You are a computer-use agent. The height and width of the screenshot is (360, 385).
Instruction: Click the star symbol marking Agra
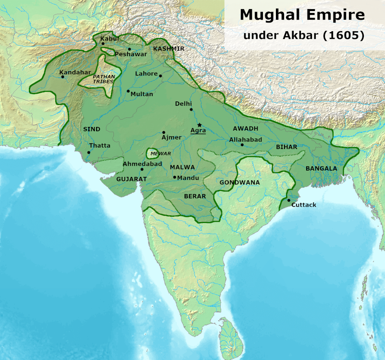pyautogui.click(x=199, y=125)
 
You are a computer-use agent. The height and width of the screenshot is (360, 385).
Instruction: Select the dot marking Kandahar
pyautogui.click(x=62, y=76)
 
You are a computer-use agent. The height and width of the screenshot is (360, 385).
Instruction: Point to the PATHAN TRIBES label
pyautogui.click(x=103, y=79)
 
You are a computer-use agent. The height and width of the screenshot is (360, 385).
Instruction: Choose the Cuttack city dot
pyautogui.click(x=288, y=200)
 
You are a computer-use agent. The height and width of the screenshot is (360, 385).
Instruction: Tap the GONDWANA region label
pyautogui.click(x=239, y=183)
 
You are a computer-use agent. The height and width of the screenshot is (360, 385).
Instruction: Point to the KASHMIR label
pyautogui.click(x=169, y=49)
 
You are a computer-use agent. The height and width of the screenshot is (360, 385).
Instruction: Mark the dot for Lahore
pyautogui.click(x=161, y=75)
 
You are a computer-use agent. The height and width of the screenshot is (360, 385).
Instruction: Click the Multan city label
pyautogui.click(x=142, y=94)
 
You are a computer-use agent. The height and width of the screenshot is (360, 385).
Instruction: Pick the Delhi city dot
pyautogui.click(x=191, y=110)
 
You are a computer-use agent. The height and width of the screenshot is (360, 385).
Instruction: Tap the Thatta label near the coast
pyautogui.click(x=99, y=146)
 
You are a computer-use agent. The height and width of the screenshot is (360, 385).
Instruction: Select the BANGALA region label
pyautogui.click(x=321, y=169)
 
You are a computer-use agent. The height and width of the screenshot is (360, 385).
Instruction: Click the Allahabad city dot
pyautogui.click(x=242, y=145)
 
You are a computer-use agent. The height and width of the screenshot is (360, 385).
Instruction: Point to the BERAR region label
pyautogui.click(x=195, y=196)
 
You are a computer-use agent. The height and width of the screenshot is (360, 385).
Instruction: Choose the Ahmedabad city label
pyautogui.click(x=141, y=163)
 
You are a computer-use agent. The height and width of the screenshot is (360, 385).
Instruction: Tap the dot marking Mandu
pyautogui.click(x=174, y=177)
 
